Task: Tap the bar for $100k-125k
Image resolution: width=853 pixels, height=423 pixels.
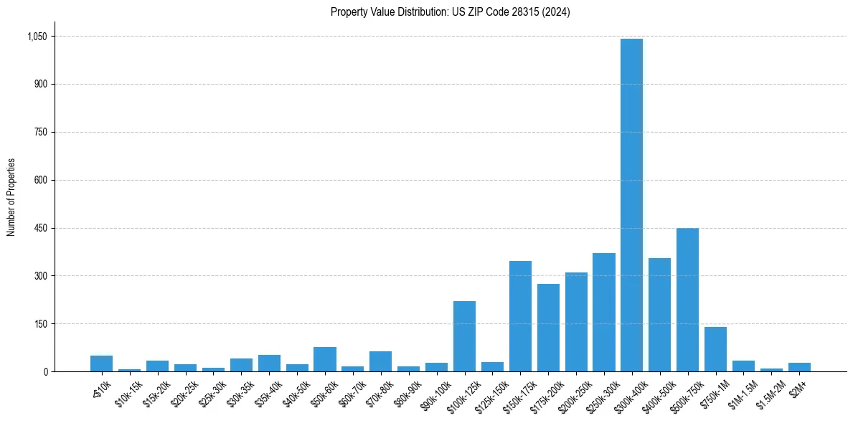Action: tap(464, 336)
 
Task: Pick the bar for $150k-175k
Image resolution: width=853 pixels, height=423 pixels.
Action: tap(520, 316)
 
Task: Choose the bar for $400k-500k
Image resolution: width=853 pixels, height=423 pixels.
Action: tap(659, 315)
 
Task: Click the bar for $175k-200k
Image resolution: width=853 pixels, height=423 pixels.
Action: tap(548, 328)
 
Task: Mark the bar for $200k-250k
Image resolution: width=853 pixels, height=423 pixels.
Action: tap(576, 322)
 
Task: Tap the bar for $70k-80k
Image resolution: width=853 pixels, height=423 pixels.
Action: tap(380, 361)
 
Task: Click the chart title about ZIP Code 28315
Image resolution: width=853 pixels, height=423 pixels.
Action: tap(451, 12)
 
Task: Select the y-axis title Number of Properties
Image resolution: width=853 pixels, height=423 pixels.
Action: tap(11, 197)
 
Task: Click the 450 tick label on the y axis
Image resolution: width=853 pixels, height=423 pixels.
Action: tap(40, 228)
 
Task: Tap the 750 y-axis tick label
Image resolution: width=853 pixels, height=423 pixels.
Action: tap(40, 132)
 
